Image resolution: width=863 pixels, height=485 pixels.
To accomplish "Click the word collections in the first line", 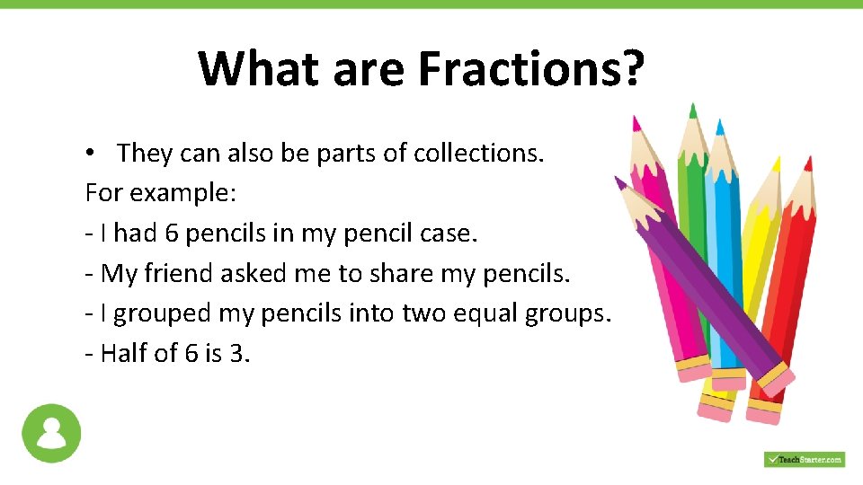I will point(478,154).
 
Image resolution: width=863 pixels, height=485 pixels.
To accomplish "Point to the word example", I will point(162,194).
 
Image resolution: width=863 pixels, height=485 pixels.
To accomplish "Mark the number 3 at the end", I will point(237,353).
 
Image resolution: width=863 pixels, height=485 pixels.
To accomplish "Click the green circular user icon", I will point(51,433).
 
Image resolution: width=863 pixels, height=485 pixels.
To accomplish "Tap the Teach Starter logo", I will point(804,459).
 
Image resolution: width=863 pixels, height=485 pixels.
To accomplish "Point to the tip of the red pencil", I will point(808,162).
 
